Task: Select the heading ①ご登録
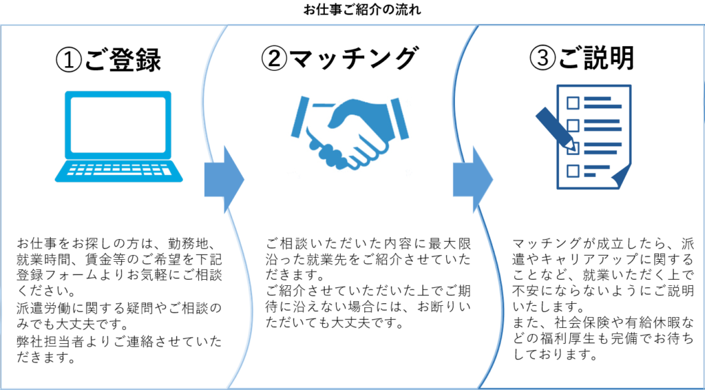tap(108, 61)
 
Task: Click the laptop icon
tap(119, 136)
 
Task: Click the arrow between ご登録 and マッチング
tap(224, 178)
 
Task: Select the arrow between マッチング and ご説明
tap(473, 178)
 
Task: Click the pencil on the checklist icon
tap(556, 128)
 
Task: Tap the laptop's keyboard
tap(119, 171)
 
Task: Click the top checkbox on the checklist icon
tap(572, 103)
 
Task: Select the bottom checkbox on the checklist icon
tap(572, 171)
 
